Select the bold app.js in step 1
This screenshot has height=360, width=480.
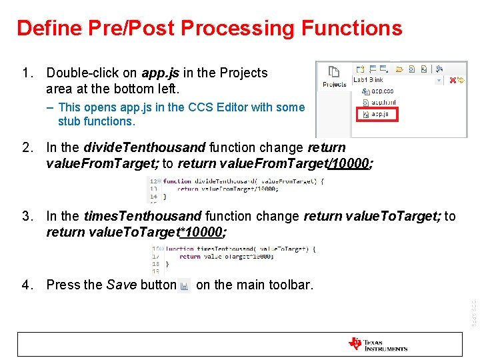[x=160, y=73]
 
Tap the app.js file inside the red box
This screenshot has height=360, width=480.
[x=381, y=114]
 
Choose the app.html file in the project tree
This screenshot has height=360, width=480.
[x=383, y=102]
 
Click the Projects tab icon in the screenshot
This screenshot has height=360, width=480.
[x=334, y=75]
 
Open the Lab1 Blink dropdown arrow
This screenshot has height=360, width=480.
[x=438, y=80]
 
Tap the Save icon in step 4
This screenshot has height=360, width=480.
[x=185, y=285]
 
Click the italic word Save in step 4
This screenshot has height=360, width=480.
[x=121, y=285]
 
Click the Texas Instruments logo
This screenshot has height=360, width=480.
[x=377, y=344]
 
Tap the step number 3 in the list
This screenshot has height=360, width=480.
[x=26, y=216]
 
